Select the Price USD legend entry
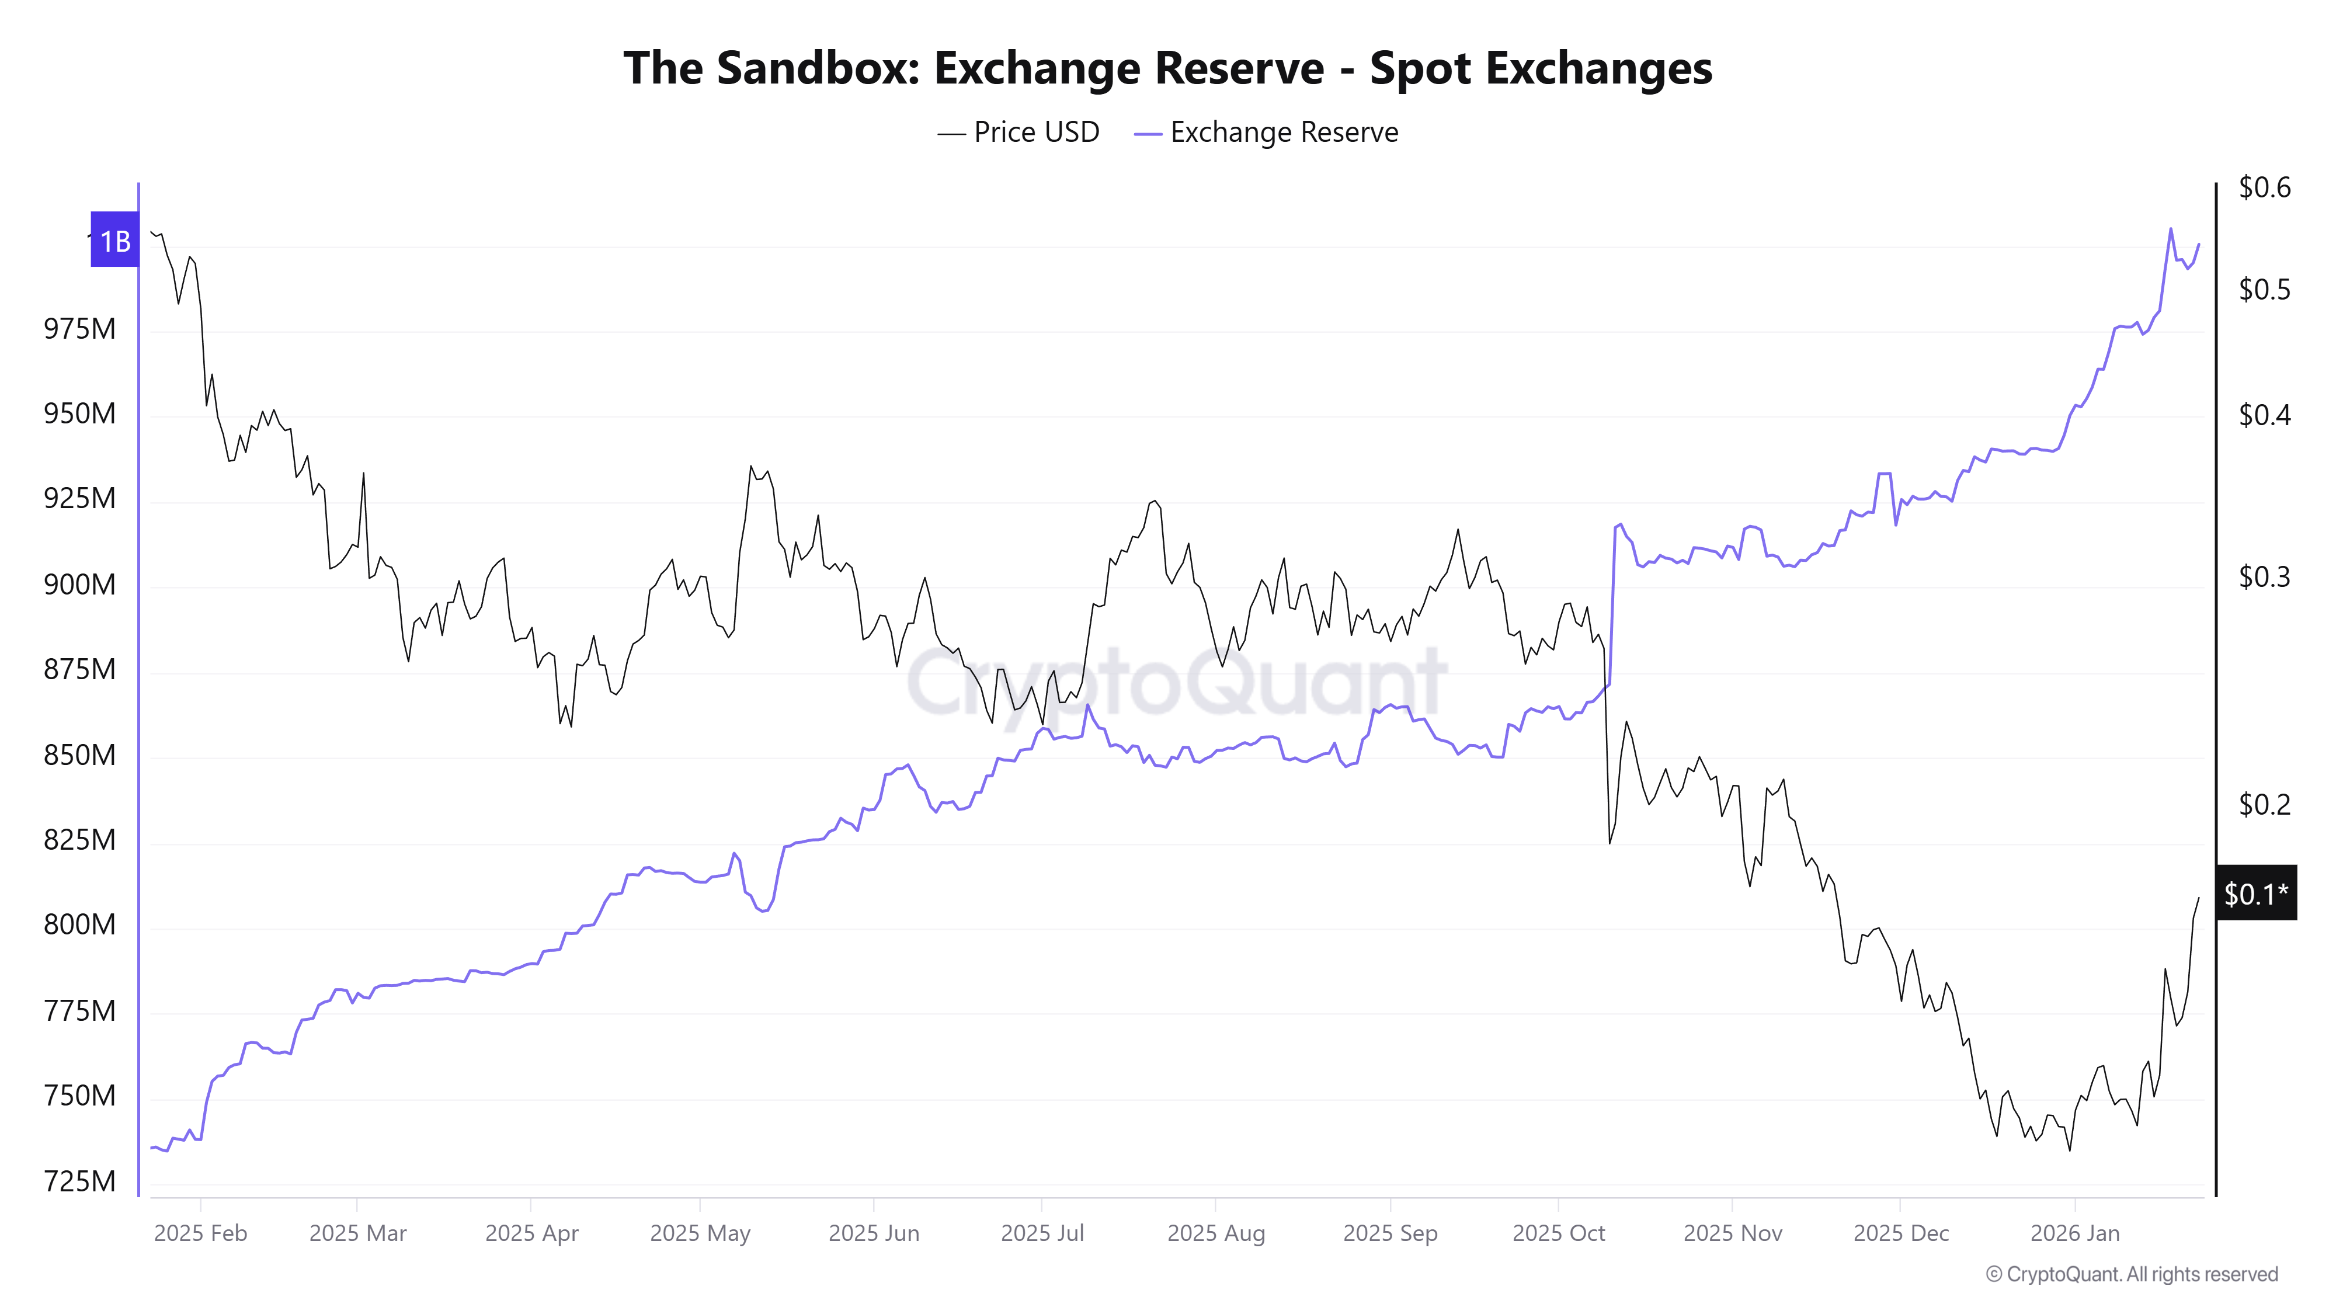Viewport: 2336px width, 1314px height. pos(1018,133)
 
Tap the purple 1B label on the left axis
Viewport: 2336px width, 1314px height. pos(114,240)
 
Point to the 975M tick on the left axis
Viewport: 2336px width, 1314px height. pos(80,328)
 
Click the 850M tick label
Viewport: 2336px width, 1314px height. pos(80,755)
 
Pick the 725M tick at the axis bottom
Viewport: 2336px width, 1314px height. pos(80,1181)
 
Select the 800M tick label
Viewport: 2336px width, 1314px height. pos(80,924)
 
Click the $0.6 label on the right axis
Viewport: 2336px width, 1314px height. pos(2264,187)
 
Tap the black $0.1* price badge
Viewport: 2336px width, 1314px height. pos(2255,894)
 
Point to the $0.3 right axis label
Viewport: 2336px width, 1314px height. pos(2264,577)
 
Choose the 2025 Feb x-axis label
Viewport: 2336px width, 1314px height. pos(200,1233)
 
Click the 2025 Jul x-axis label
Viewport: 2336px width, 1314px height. pos(1042,1233)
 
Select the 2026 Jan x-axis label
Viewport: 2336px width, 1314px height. pos(2075,1233)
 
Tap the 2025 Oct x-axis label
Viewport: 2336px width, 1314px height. pos(1558,1233)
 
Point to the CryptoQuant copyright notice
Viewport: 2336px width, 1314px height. pos(2131,1274)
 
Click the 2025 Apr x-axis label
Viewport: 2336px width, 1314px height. pos(531,1233)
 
